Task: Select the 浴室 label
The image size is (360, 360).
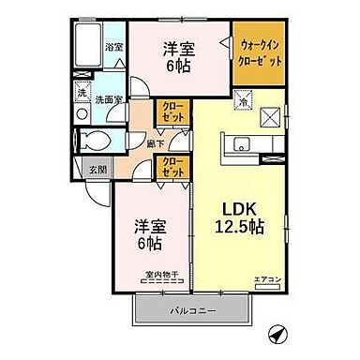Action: (x=113, y=48)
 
